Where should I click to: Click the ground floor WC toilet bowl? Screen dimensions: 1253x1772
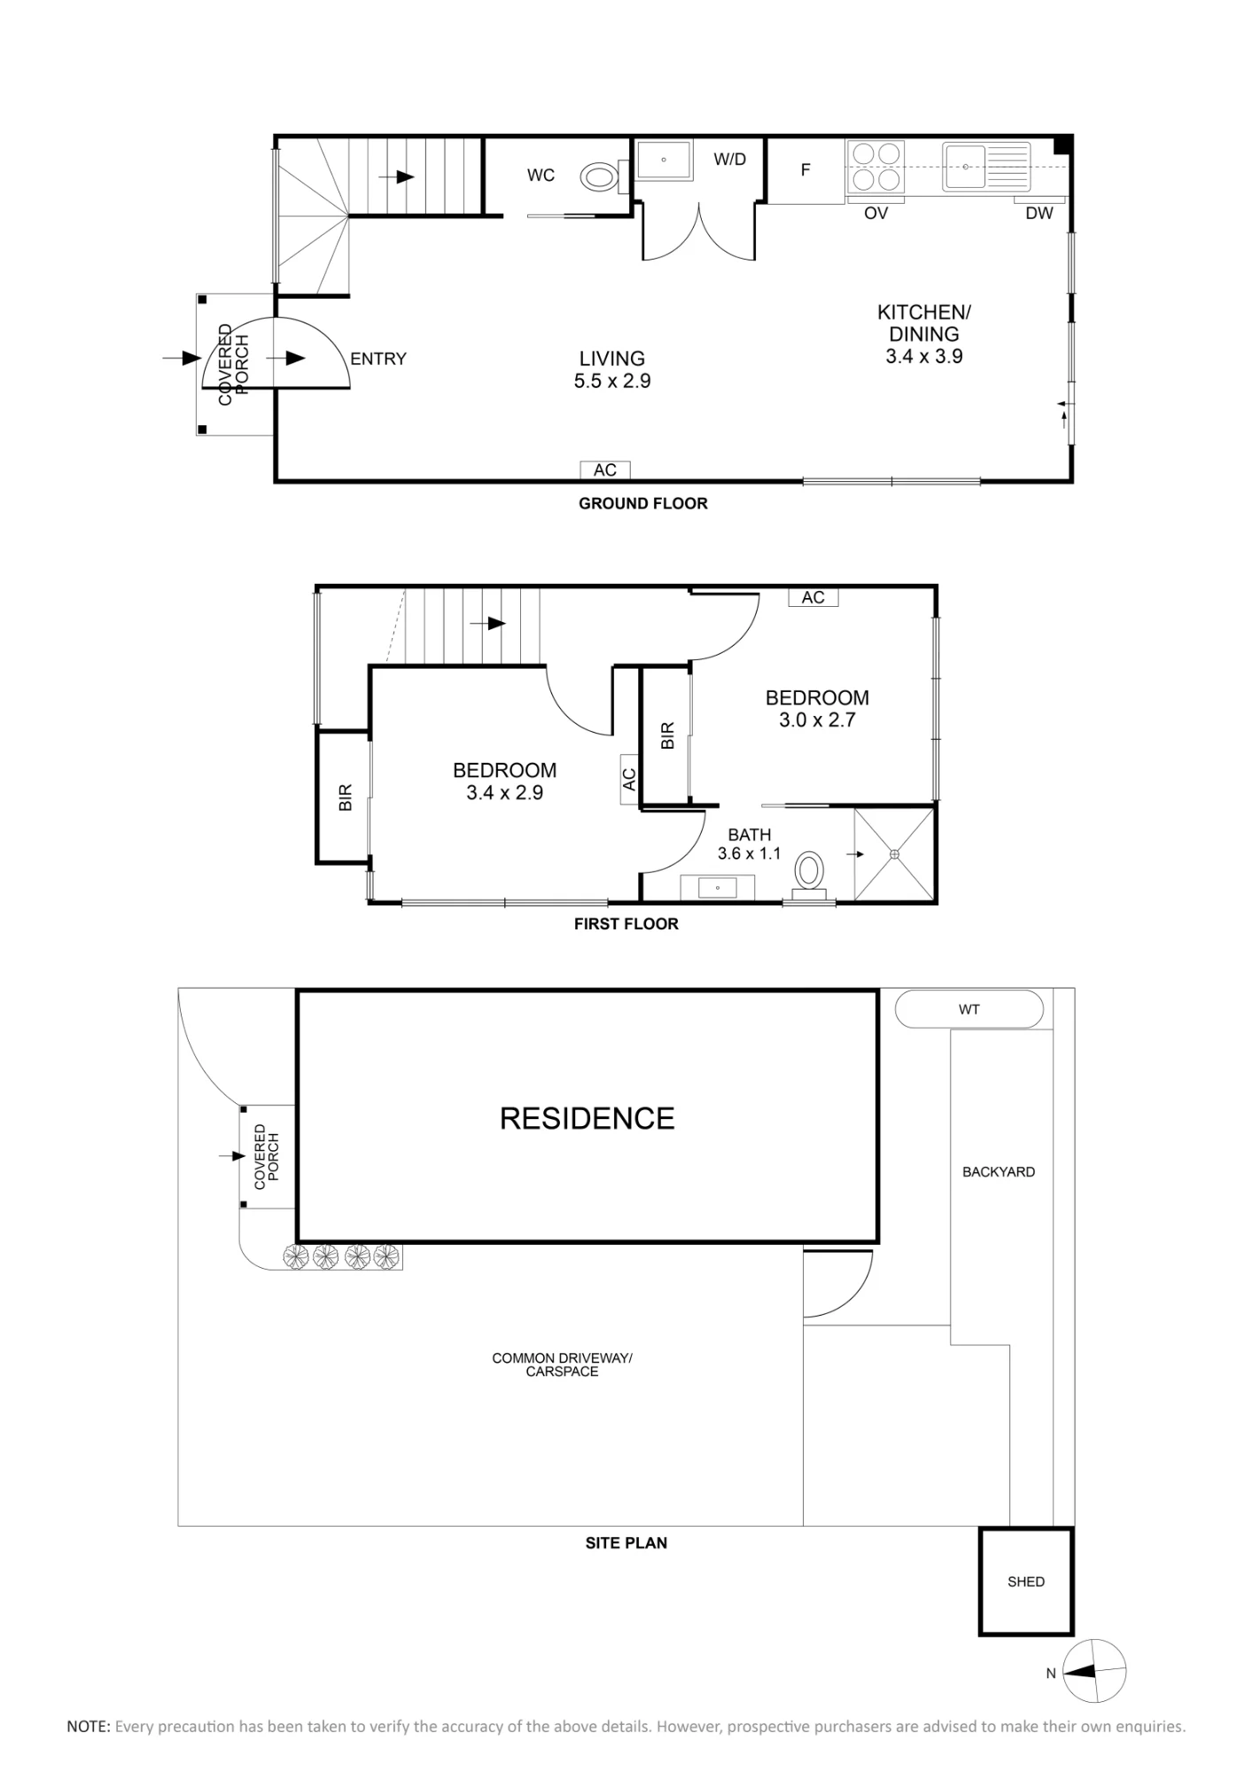[x=600, y=177]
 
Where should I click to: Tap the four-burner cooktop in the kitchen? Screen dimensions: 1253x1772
[x=876, y=167]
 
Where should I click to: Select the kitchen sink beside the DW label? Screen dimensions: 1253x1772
[x=965, y=166]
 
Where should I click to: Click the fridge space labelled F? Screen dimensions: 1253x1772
[x=805, y=170]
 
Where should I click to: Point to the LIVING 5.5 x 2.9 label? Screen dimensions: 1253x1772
[x=612, y=369]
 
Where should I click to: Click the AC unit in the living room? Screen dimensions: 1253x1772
[x=605, y=470]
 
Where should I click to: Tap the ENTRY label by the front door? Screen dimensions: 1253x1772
[x=378, y=359]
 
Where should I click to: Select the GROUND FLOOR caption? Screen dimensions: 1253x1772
[x=643, y=503]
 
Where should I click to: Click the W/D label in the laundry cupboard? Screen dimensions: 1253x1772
[x=730, y=159]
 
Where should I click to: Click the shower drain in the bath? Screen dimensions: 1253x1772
[x=894, y=854]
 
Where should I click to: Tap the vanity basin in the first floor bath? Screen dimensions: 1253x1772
[x=717, y=887]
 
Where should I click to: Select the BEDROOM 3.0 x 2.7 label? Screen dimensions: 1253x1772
[x=817, y=709]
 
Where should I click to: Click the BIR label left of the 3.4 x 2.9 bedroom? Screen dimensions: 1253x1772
[x=346, y=797]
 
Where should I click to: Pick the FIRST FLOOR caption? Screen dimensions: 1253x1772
[x=626, y=924]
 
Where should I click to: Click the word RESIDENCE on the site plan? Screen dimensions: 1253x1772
[x=588, y=1118]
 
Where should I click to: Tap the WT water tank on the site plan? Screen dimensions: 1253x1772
[x=969, y=1009]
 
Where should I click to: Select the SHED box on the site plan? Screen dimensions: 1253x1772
[x=1026, y=1582]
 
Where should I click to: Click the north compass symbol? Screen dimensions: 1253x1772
[x=1094, y=1671]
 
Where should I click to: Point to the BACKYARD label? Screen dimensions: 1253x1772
[x=999, y=1171]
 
